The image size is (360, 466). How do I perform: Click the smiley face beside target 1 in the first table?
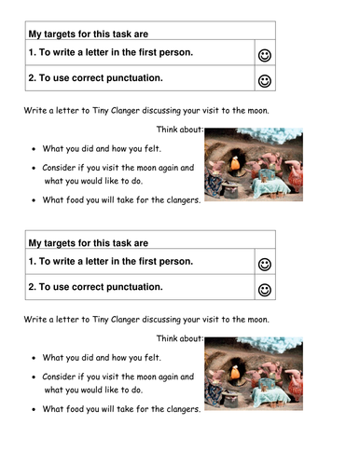(x=265, y=56)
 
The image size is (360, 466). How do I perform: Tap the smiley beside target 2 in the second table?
(x=265, y=290)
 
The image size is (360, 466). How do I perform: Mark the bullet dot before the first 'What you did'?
(x=34, y=149)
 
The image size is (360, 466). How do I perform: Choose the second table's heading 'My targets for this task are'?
(x=89, y=243)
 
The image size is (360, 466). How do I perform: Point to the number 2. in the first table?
(x=33, y=78)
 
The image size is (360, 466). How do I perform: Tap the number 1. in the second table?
(x=33, y=262)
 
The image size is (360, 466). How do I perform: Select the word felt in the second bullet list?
(x=153, y=358)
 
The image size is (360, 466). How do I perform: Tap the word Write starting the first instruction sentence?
(x=35, y=111)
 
